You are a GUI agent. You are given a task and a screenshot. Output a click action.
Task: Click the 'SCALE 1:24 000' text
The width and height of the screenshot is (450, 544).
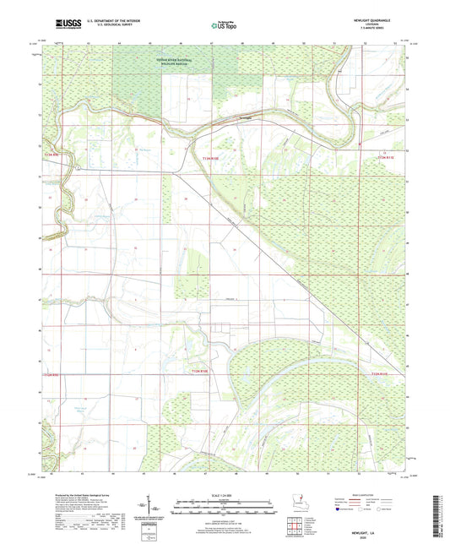point(225,494)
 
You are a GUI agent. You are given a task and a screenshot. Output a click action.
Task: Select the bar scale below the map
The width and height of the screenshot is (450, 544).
point(225,509)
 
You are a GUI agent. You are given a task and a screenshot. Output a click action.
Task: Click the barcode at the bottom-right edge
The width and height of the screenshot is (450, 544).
point(440,516)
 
